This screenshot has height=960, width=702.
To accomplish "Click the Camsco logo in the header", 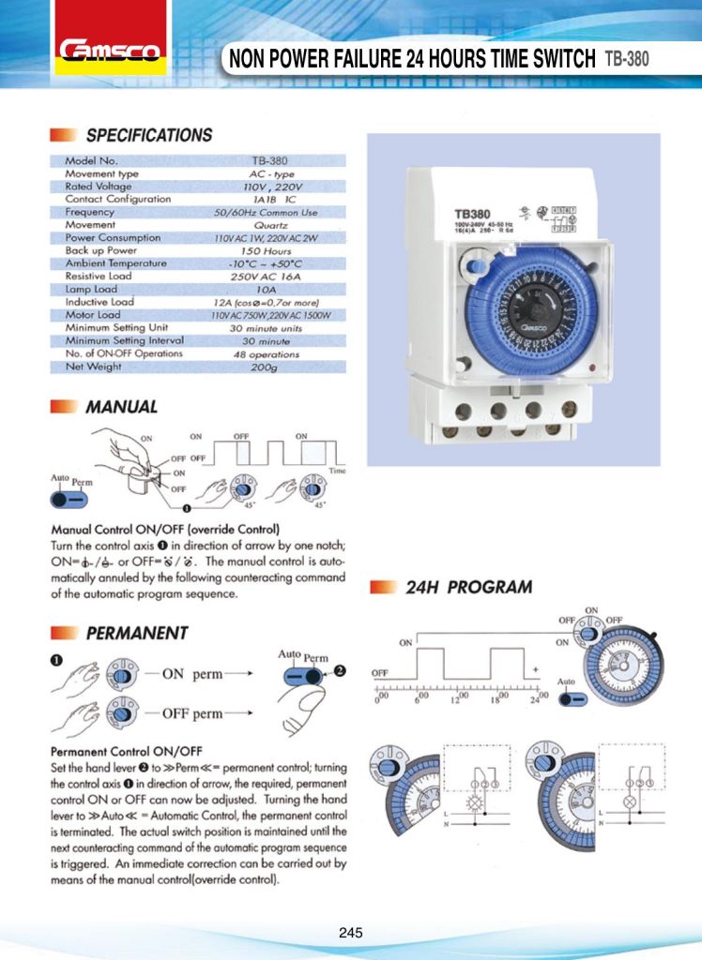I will tap(112, 50).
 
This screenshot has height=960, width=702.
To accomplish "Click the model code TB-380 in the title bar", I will tap(627, 60).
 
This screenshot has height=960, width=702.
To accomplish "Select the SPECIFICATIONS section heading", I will tap(149, 135).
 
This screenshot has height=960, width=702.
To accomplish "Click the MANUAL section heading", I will tap(121, 407).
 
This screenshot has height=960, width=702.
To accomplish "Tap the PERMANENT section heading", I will tap(137, 633).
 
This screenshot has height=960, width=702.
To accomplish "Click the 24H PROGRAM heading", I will tap(468, 589).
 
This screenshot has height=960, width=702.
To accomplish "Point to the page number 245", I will tap(351, 933).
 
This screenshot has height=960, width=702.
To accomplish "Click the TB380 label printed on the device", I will tap(474, 214).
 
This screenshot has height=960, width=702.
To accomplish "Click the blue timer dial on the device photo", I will tap(531, 307).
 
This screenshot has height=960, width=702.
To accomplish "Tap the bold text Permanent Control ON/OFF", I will tap(126, 751).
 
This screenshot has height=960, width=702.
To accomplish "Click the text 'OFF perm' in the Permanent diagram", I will tap(192, 713).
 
